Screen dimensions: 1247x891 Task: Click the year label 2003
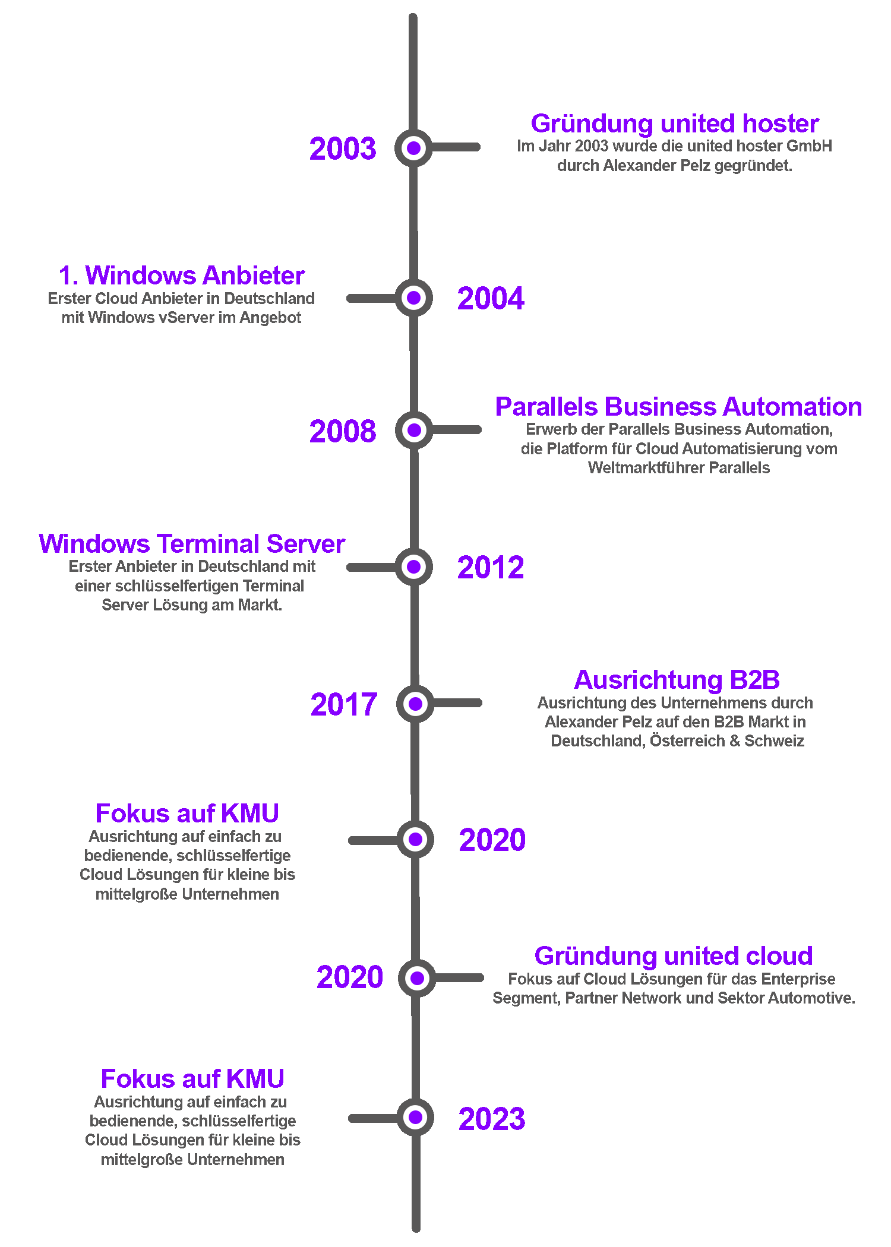click(x=343, y=148)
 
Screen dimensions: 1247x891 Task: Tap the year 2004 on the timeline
click(x=491, y=298)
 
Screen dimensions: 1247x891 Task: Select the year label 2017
click(x=344, y=705)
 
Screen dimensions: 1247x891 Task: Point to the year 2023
click(x=492, y=1119)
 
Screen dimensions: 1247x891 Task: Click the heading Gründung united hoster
click(x=675, y=124)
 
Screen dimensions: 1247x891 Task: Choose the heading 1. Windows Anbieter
click(x=182, y=276)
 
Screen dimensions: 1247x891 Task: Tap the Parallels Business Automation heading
click(x=678, y=407)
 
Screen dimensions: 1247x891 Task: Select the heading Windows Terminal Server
click(x=192, y=545)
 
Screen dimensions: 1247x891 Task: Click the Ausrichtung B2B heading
click(x=677, y=681)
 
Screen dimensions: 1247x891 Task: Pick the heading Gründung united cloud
click(x=674, y=957)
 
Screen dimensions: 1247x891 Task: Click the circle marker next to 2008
click(x=414, y=430)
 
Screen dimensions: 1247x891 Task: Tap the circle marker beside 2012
click(x=414, y=567)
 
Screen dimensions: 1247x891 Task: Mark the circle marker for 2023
click(x=416, y=1118)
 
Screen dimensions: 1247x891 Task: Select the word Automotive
click(x=818, y=998)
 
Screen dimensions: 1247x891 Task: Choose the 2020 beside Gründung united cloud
click(x=349, y=977)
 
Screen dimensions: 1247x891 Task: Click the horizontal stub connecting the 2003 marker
click(x=456, y=147)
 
